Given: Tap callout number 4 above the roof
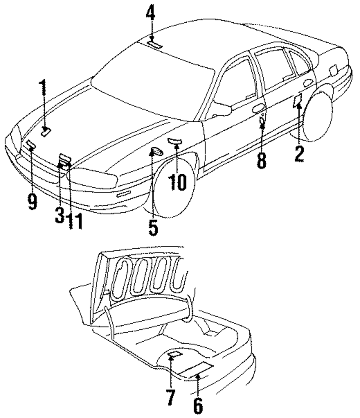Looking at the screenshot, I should [151, 14].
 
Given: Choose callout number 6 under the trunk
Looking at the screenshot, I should [198, 405].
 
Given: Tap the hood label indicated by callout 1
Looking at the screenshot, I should [46, 132].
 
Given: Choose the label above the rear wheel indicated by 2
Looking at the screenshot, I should [298, 101].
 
